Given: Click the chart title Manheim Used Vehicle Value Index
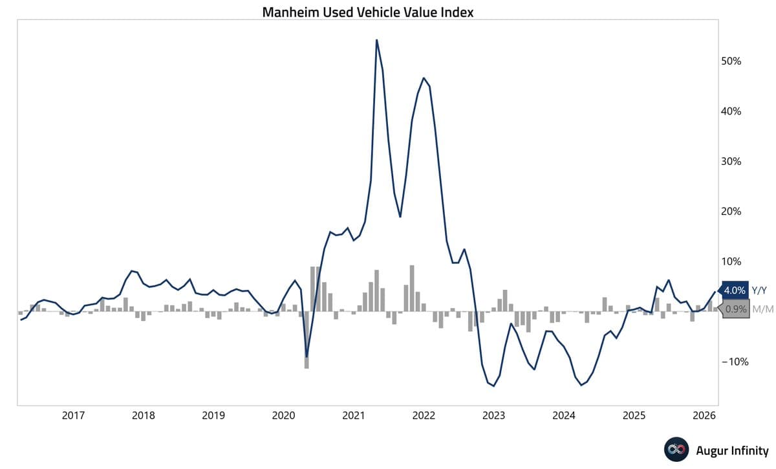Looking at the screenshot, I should coord(367,12).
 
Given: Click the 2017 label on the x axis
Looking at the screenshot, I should coord(73,416).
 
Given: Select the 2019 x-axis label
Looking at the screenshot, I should coord(213,416).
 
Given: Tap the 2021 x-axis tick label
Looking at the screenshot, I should coord(354,416).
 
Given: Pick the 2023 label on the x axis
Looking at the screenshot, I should coord(494,416).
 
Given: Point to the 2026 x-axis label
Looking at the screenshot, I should coord(704,416).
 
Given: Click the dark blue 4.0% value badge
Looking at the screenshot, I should coord(735,290).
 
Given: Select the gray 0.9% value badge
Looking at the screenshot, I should coord(735,309).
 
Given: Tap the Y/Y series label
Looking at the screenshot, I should coord(761,290).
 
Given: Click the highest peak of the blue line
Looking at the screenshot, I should coord(376,40).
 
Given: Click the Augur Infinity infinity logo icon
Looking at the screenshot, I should coord(674,450).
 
